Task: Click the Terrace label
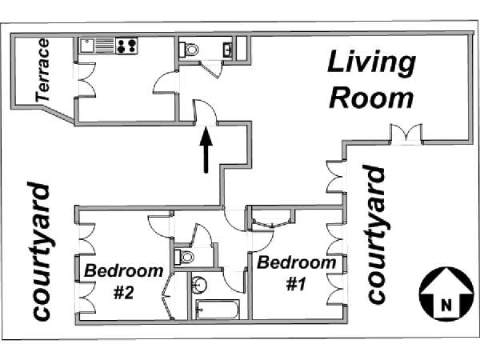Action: (x=42, y=70)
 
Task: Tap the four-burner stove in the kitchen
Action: (x=126, y=46)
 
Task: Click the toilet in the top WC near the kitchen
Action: (x=189, y=50)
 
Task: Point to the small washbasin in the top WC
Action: (x=228, y=49)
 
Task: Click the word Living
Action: (x=372, y=63)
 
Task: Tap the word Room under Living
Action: (x=372, y=98)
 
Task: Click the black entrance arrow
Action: (x=206, y=150)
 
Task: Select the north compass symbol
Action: (x=446, y=294)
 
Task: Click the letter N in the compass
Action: (x=446, y=305)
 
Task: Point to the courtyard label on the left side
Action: (x=41, y=252)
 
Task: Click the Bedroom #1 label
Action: (x=296, y=274)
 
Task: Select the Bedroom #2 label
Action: (x=124, y=282)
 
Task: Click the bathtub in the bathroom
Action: (x=218, y=310)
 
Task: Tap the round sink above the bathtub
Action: (x=199, y=284)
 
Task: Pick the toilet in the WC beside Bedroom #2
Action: (x=184, y=257)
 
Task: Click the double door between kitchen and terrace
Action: (x=86, y=80)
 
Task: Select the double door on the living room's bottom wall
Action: (x=406, y=133)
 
